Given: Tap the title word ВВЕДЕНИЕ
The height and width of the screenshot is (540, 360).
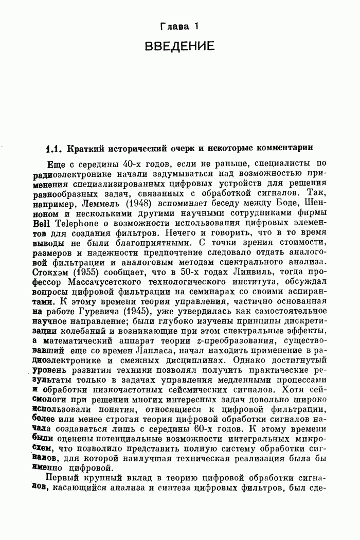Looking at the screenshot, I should [x=179, y=47].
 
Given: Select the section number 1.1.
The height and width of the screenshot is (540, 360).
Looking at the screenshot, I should [x=53, y=149].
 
